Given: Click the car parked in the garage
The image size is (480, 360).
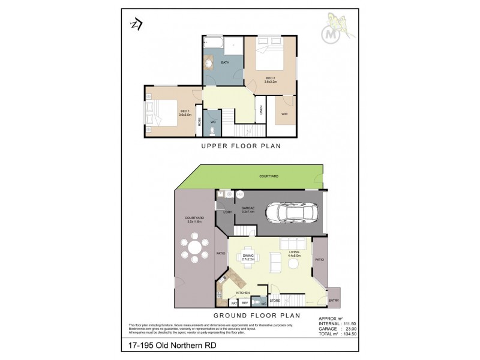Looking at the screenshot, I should coord(292,212).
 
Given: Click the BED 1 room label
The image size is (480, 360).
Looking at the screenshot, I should coord(185,112).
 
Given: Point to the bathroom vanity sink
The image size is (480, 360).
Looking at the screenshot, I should coord(210,62).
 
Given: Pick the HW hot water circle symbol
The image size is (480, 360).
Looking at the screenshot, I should coord(239,194).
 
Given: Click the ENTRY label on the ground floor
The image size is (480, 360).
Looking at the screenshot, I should coord(334,301).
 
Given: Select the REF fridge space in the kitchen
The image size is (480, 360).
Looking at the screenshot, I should coord(245,303).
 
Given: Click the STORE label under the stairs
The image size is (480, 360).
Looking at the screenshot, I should coord(275,301).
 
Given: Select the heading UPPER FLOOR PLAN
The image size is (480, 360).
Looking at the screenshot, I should coord(241,146).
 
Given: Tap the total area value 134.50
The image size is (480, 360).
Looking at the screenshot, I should coord(350,334).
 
